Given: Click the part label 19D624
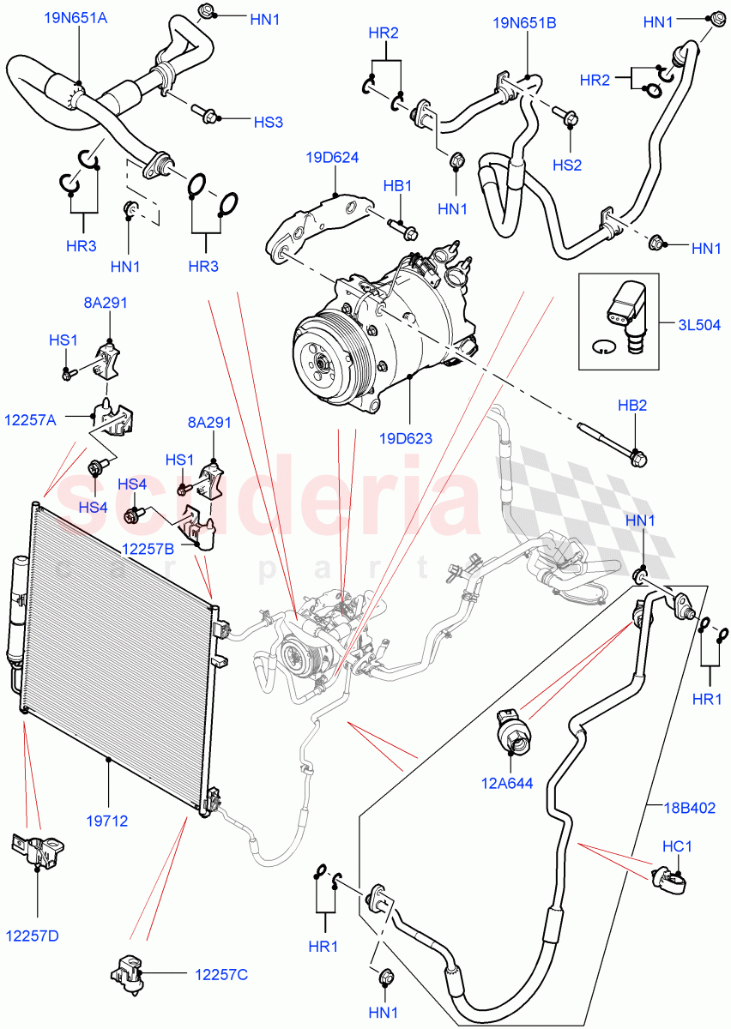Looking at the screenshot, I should pos(331,158).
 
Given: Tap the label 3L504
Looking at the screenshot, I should pos(696,325).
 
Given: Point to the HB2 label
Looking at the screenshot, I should pos(632,405).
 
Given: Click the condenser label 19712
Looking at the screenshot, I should pos(106,821).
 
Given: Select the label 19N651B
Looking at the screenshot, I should pos(524,24).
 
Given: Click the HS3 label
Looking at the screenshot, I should pos(268,123).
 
